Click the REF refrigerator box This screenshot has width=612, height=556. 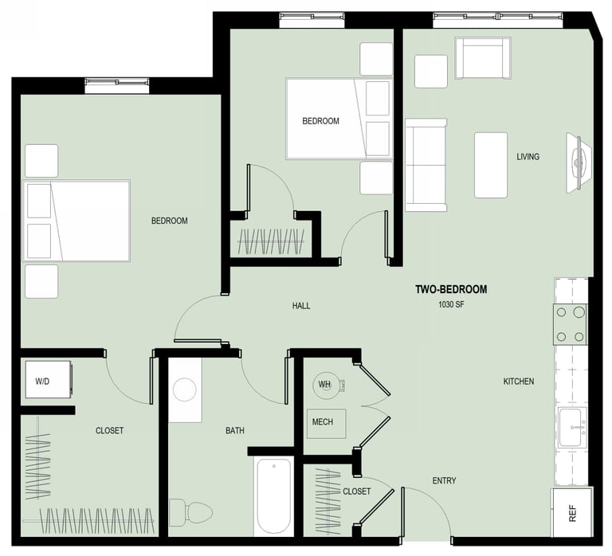pyautogui.click(x=571, y=512)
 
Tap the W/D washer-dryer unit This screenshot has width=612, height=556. pyautogui.click(x=49, y=380)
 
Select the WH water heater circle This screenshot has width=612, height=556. pyautogui.click(x=325, y=385)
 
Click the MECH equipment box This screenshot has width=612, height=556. pyautogui.click(x=326, y=424)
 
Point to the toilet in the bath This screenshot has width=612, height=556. pyautogui.click(x=191, y=511)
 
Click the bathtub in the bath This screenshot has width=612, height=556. pyautogui.click(x=273, y=496)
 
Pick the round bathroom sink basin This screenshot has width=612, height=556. pyautogui.click(x=185, y=390)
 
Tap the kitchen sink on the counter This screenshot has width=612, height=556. pyautogui.click(x=572, y=427)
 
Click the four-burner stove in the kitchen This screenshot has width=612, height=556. pyautogui.click(x=570, y=324)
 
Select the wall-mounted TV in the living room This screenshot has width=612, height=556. pyautogui.click(x=577, y=162)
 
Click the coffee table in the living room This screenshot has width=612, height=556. pyautogui.click(x=491, y=165)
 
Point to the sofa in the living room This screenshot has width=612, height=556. pyautogui.click(x=426, y=165)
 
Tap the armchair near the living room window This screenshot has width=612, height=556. pyautogui.click(x=483, y=58)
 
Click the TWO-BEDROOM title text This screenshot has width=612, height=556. pyautogui.click(x=451, y=289)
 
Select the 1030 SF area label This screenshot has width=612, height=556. pyautogui.click(x=451, y=304)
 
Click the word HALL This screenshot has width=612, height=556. pyautogui.click(x=301, y=306)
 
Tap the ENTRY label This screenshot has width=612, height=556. pyautogui.click(x=444, y=480)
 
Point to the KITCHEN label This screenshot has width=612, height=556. pyautogui.click(x=519, y=382)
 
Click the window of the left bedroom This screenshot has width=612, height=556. pyautogui.click(x=116, y=85)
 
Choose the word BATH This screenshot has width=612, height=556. pyautogui.click(x=235, y=430)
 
